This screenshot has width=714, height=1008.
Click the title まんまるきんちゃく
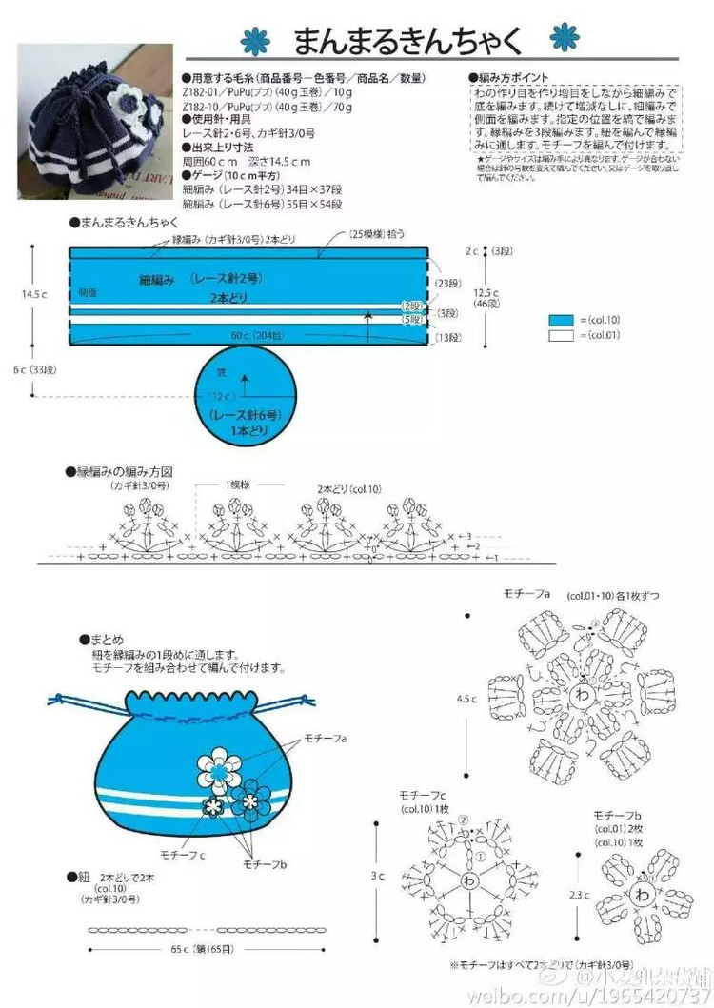407,41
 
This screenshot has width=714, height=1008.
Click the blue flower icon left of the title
256,41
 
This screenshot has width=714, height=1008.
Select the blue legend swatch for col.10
562,320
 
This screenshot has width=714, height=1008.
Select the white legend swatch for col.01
562,335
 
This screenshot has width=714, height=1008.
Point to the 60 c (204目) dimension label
254,336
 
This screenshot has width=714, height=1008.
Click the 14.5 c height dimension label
36,294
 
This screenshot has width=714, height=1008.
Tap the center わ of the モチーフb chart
643,896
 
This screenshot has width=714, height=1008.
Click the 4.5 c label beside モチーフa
466,699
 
